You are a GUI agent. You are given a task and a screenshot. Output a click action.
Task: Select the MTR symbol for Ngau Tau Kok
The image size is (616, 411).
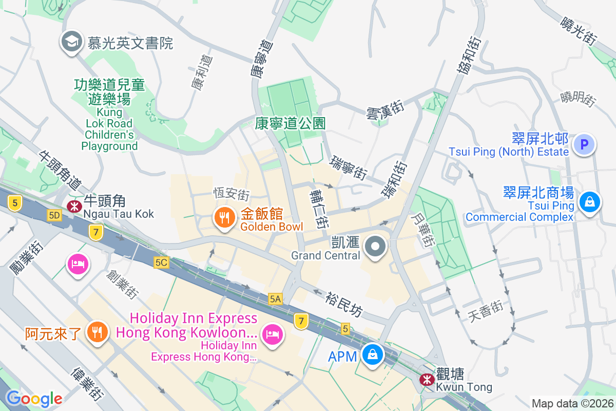tap(74, 207)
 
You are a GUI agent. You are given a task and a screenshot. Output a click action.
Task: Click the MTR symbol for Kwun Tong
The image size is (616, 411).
tap(426, 380)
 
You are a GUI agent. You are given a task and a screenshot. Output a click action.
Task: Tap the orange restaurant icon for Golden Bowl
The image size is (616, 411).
tap(224, 218)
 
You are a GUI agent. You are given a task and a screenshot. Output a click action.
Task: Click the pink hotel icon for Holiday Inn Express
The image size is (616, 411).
tap(272, 334)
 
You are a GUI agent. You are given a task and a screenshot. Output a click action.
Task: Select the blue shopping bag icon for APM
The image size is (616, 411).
tap(371, 354)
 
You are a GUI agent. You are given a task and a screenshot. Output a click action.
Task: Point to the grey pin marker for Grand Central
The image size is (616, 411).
tap(376, 247)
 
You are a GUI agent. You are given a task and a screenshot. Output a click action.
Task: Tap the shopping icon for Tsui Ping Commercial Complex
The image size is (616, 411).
tap(590, 201)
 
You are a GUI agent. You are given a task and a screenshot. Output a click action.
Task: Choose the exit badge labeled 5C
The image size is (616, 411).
tap(161, 263)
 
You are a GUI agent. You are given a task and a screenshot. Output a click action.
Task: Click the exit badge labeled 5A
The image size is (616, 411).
tap(275, 298)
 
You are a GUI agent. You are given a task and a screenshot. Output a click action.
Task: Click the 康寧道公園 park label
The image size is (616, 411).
tap(291, 123)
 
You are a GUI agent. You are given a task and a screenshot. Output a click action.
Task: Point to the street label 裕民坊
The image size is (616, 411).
tap(344, 304)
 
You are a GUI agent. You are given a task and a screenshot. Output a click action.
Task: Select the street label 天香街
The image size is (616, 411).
tap(485, 311)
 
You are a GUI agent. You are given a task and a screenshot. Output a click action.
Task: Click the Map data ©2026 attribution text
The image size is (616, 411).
tap(572, 403)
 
